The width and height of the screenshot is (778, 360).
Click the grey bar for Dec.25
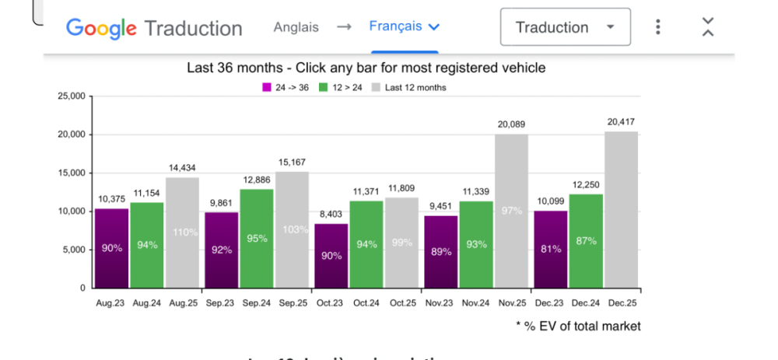(621, 210)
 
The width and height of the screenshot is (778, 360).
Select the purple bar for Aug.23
(111, 248)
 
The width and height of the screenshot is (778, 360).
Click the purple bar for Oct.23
(331, 256)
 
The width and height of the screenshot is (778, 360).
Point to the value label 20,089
(511, 124)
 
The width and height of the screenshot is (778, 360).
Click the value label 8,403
(331, 214)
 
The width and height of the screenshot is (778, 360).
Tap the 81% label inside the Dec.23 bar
(550, 250)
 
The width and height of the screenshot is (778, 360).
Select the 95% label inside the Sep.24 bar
(257, 239)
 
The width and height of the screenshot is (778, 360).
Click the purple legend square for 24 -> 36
(267, 88)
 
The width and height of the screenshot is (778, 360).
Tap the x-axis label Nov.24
(475, 303)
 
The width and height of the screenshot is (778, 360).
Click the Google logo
(101, 28)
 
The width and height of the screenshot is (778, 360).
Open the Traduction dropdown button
(565, 28)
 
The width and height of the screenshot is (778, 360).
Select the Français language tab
(404, 26)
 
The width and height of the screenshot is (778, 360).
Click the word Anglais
(296, 26)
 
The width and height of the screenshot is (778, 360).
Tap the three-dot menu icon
(658, 27)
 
